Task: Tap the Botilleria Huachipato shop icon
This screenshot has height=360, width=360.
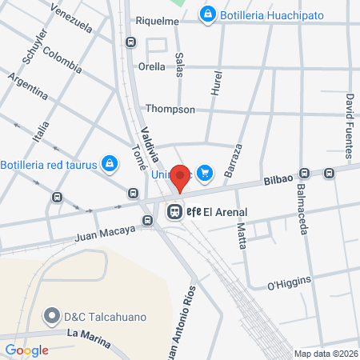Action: [x=207, y=14]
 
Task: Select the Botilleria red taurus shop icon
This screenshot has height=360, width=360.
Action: [x=110, y=165]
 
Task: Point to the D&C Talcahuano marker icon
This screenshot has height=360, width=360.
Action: [x=54, y=314]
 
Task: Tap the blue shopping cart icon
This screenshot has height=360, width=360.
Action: [x=205, y=171]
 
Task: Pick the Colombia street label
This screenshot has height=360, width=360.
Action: [x=63, y=60]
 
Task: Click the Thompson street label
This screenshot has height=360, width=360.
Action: [x=170, y=109]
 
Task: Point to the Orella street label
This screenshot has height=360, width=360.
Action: [x=152, y=67]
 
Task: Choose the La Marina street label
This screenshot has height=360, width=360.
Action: [x=88, y=333]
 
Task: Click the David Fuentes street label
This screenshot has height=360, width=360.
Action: [x=350, y=117]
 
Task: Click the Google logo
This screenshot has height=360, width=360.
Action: [x=27, y=350]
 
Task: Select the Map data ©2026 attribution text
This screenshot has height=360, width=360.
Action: [x=326, y=354]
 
